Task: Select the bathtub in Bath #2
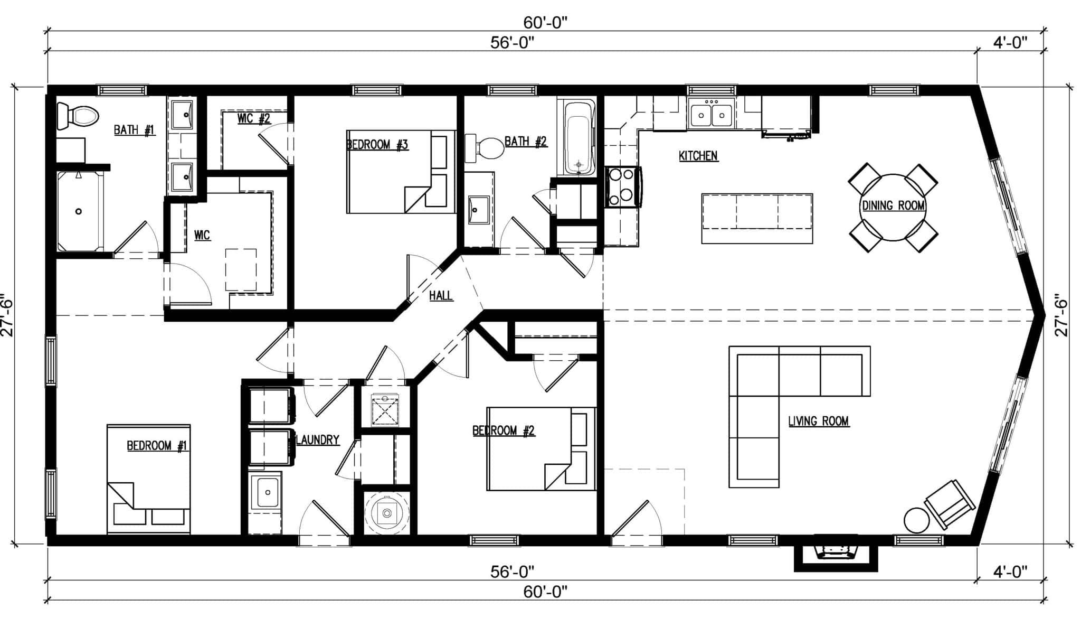point(577,138)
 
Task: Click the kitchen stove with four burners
point(622,186)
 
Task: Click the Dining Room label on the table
point(893,205)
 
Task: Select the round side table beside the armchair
point(916,520)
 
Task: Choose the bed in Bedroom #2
point(540,448)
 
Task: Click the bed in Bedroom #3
point(401,172)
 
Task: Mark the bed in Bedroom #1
point(148,478)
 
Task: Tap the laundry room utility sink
point(265,492)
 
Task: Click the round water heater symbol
point(387,512)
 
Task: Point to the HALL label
point(441,296)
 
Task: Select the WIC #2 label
point(253,118)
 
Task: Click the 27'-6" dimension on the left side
point(7,315)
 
